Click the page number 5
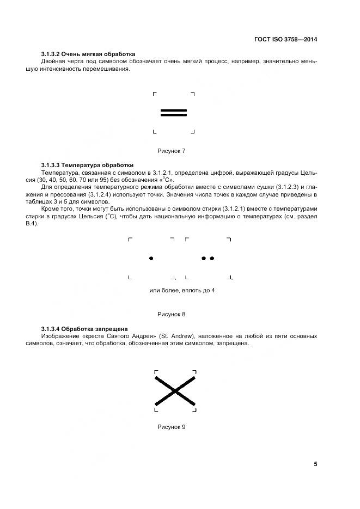[315, 464]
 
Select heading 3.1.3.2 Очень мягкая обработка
[88, 54]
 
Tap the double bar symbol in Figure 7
[174, 113]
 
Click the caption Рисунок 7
[172, 150]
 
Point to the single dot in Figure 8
[151, 258]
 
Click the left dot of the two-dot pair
[204, 258]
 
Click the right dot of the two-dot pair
[212, 258]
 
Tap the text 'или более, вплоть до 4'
[182, 290]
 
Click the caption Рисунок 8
[172, 314]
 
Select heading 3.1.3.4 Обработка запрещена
[84, 329]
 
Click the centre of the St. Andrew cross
[175, 390]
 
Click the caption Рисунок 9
[172, 427]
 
